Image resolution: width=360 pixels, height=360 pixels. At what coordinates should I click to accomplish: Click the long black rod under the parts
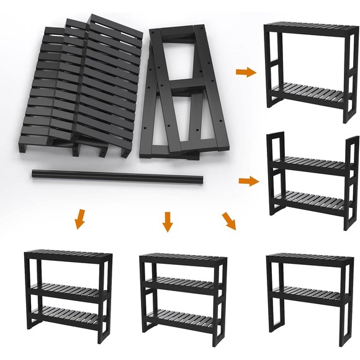click(x=118, y=177)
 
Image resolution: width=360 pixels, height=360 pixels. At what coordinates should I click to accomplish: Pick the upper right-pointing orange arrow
click(x=246, y=72)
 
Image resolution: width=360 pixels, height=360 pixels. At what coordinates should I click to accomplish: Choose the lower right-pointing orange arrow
click(x=249, y=181)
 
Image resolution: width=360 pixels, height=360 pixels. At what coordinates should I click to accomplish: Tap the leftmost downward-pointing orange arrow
click(x=78, y=219)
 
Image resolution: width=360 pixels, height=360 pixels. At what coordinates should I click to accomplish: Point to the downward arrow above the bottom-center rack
click(x=166, y=221)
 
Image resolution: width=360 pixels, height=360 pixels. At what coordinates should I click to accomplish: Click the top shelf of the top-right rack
click(x=310, y=27)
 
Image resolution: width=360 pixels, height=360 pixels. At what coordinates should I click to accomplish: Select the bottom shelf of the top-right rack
click(x=310, y=96)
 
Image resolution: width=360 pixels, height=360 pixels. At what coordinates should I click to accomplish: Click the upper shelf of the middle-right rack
click(x=314, y=164)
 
